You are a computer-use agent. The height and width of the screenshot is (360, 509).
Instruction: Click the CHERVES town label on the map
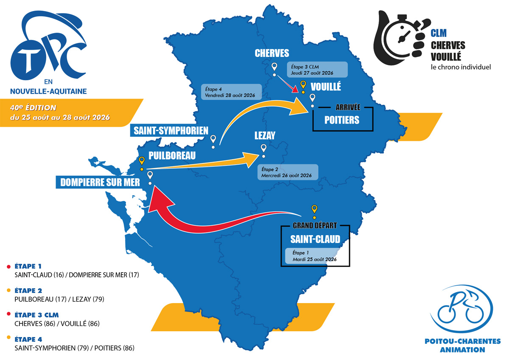point(272,53)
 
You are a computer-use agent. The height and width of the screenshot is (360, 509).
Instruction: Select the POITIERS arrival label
point(342,120)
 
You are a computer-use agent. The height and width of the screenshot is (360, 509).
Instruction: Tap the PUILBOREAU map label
point(172,156)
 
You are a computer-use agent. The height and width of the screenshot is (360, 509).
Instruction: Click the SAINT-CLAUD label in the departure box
point(315,239)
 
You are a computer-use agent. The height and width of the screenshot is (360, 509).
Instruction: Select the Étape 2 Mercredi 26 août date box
point(287,172)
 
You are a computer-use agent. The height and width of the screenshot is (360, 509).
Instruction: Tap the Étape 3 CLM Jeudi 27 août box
point(317,70)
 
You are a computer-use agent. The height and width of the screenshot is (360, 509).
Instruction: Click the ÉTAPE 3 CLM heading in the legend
point(36,315)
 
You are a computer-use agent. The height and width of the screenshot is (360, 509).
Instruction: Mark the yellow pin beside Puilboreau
point(142,160)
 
